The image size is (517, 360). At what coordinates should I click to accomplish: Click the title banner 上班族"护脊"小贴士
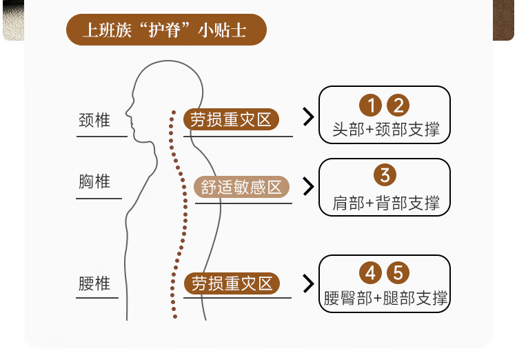165,30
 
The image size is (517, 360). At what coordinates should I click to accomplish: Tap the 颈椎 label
94,121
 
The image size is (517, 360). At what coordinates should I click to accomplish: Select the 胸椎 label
94,181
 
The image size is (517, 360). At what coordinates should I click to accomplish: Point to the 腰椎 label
94,283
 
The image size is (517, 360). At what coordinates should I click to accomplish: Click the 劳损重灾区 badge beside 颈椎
231,119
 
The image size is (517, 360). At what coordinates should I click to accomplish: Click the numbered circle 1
371,106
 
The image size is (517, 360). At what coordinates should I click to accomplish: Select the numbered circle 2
398,106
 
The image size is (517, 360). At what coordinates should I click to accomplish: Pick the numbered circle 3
384,175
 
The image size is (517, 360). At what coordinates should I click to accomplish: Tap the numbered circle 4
371,273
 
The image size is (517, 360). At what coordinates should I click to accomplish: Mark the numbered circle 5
398,273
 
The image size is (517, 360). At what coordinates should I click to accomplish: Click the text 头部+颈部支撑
385,130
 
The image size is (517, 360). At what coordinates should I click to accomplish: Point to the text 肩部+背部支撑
385,203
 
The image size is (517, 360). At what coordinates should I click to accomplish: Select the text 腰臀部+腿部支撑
385,298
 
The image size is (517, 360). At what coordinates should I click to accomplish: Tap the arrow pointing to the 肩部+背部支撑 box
308,186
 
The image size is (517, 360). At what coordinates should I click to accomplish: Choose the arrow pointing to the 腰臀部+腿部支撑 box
308,282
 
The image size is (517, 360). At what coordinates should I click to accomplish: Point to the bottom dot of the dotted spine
175,317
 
